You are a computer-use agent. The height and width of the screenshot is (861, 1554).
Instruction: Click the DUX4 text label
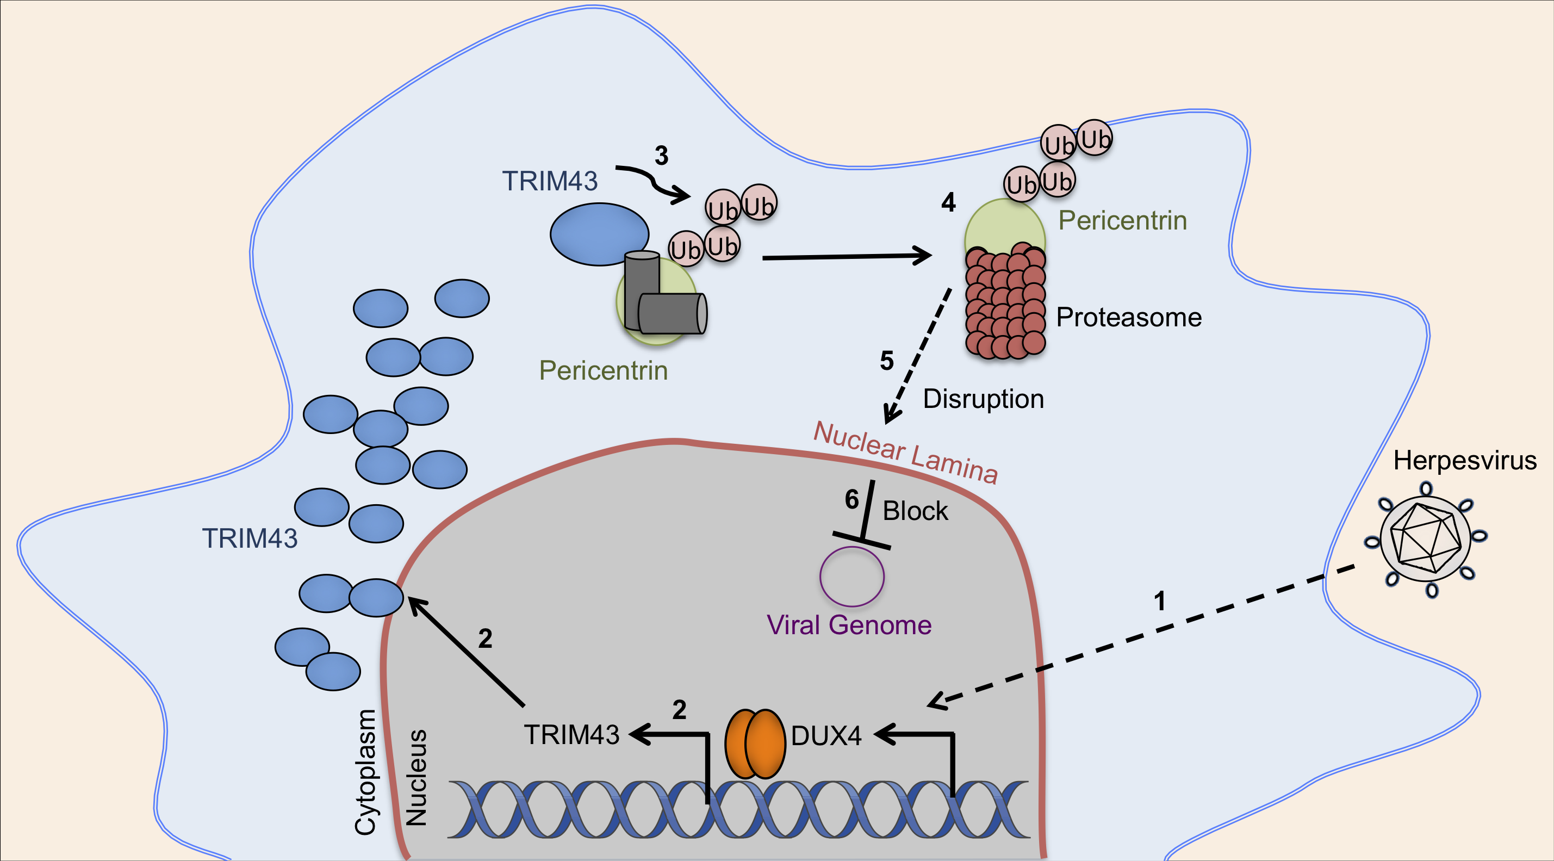point(826,736)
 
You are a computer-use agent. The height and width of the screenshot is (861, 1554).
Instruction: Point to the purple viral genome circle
point(852,576)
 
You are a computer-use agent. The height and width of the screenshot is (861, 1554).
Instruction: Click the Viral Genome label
point(849,625)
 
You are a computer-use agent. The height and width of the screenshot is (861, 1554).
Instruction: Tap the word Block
point(915,511)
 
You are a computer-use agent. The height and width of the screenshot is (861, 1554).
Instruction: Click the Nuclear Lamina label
point(905,453)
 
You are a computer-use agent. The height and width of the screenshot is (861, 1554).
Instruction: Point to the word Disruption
point(983,399)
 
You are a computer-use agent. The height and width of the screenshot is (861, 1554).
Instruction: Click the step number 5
point(886,361)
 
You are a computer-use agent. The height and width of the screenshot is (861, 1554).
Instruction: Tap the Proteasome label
point(1129,318)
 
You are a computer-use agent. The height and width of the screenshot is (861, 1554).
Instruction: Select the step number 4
point(948,202)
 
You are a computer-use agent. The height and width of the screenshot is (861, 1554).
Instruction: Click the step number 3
point(662,156)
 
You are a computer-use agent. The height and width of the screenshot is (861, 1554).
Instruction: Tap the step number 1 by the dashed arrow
point(1159,601)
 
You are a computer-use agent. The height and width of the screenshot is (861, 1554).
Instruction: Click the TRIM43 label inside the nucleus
point(571,735)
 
